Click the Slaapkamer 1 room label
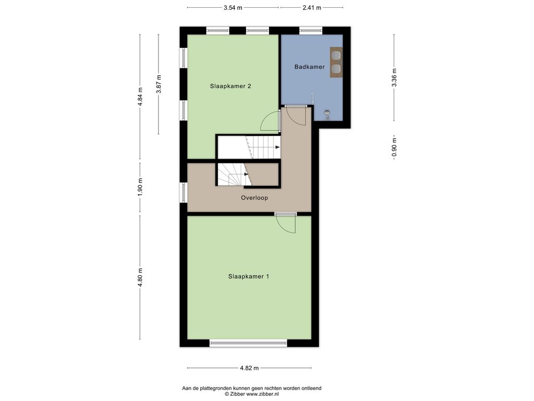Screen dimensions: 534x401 click(x=249, y=277)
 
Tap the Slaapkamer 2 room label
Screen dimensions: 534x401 click(x=230, y=86)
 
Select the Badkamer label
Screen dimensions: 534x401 click(x=310, y=67)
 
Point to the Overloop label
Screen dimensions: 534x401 click(x=254, y=198)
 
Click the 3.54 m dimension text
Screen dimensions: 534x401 click(x=233, y=7)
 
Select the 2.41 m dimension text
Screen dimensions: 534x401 click(x=312, y=7)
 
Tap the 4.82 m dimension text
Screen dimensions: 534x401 click(x=249, y=368)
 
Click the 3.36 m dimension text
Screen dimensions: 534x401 click(x=394, y=78)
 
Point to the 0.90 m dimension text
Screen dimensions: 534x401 click(x=394, y=147)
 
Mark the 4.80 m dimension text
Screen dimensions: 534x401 click(x=140, y=278)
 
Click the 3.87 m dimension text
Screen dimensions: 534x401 click(x=159, y=84)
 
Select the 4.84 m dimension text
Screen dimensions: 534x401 click(x=140, y=97)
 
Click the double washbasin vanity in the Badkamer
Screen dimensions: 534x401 click(x=336, y=63)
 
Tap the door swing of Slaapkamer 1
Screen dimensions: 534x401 click(x=286, y=225)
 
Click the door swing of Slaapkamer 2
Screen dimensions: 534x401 click(x=270, y=122)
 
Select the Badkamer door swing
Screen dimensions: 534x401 click(x=296, y=116)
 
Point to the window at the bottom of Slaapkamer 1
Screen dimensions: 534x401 click(x=248, y=343)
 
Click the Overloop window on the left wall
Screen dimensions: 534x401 click(x=184, y=193)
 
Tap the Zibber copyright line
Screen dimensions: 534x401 click(x=252, y=394)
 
